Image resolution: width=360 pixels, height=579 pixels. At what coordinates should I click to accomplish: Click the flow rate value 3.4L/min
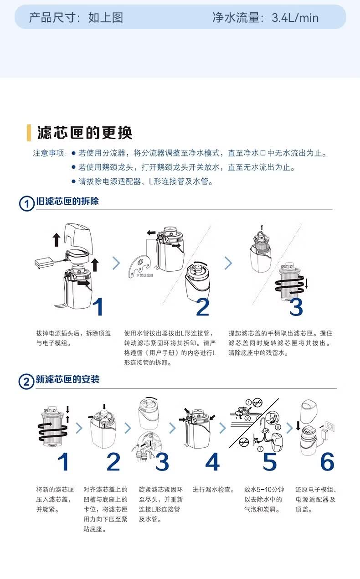(295, 18)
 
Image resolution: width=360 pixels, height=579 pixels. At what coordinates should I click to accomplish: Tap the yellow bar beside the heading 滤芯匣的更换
(29, 133)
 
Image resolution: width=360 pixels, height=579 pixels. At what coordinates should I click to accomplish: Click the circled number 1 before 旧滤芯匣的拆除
(26, 203)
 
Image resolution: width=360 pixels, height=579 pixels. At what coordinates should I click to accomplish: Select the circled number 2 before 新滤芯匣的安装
(26, 382)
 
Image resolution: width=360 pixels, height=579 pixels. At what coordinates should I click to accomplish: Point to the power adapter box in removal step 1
(44, 263)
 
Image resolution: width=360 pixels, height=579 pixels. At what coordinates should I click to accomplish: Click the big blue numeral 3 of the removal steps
(296, 307)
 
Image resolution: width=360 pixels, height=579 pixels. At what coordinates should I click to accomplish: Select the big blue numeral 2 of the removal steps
(203, 307)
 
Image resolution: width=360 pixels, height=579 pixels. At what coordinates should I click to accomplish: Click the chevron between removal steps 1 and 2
(117, 263)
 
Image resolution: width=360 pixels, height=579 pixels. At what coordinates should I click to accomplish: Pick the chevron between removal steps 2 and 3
(228, 263)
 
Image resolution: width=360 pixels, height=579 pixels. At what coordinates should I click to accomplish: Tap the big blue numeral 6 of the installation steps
(327, 461)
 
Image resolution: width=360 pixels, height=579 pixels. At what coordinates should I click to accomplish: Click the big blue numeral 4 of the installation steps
(212, 461)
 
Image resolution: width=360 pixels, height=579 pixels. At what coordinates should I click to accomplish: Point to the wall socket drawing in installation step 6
(330, 425)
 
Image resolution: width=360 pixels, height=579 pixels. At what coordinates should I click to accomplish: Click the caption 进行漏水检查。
(214, 490)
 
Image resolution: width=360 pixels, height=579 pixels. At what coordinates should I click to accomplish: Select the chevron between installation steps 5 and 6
(290, 428)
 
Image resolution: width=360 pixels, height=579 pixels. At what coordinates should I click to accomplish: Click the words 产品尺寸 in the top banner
(52, 18)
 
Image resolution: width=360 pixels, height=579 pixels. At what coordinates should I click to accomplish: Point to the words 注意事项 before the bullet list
(48, 153)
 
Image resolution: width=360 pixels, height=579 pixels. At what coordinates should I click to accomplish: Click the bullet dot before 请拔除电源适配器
(73, 181)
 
